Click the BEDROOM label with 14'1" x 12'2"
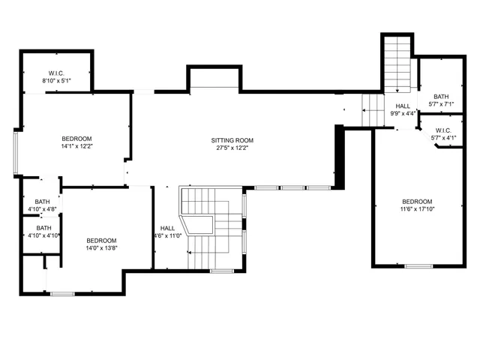coord(76,139)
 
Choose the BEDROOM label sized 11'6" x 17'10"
coord(417,202)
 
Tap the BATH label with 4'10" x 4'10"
coord(44,228)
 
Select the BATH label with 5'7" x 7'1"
coord(440,97)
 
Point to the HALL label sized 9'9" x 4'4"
coord(403,106)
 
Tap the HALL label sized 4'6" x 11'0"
coord(167,229)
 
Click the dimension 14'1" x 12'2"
coord(76,147)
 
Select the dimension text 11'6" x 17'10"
coord(417,210)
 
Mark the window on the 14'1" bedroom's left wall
coord(16,153)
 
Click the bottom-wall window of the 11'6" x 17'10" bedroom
coord(418,266)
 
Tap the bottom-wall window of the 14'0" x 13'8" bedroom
coord(61,292)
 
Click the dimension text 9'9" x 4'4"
coord(403,114)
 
